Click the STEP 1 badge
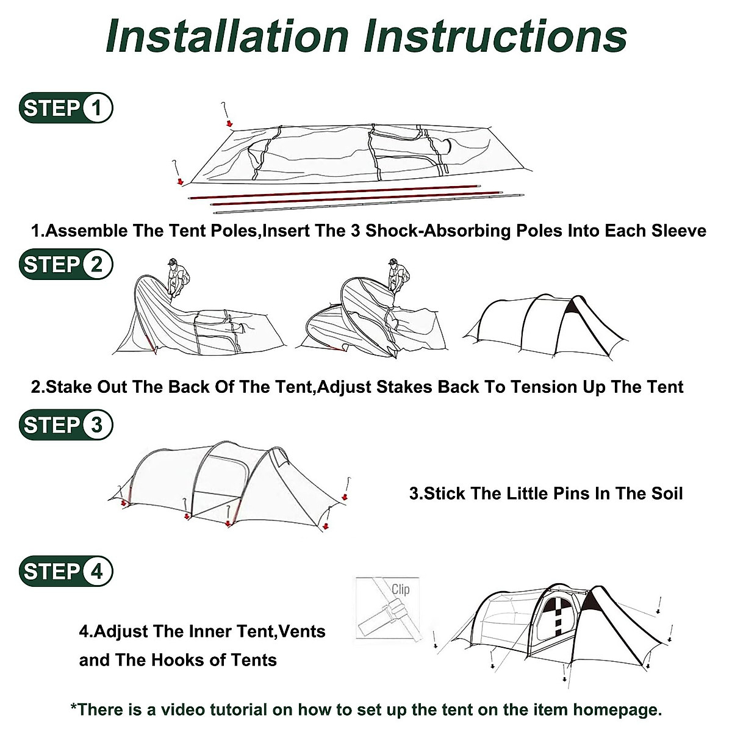click(x=66, y=108)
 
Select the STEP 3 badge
click(x=66, y=425)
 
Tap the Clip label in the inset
click(x=401, y=589)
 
